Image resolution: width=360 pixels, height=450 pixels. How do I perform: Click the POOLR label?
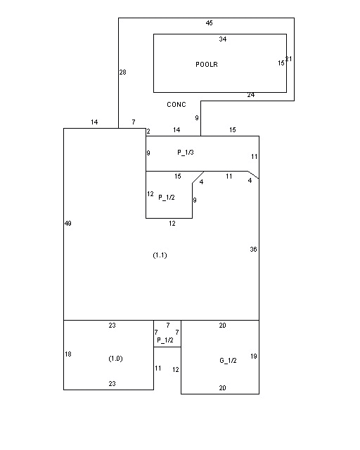point(207,64)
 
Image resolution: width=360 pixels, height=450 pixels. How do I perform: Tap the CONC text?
point(176,105)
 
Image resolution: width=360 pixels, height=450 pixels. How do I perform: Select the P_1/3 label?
point(186,153)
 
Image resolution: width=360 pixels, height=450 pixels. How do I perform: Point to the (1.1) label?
point(160,255)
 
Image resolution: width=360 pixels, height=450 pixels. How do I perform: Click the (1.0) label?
point(116,359)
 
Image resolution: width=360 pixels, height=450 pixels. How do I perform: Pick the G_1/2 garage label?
point(228,361)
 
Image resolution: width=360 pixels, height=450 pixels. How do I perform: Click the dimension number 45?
point(210,23)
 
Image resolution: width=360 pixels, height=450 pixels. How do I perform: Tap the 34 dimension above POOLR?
point(223,39)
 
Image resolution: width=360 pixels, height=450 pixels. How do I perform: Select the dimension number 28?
point(122,72)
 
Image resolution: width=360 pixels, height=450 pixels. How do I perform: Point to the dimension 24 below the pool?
point(251,95)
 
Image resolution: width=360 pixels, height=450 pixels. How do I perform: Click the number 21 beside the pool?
point(289,59)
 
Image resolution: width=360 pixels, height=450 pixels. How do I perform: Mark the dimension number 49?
point(68,224)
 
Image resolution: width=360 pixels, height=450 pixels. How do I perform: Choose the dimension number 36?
point(253,250)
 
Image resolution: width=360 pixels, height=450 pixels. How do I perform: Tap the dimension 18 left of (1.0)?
point(68,354)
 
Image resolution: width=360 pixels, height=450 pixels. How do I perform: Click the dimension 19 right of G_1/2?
point(254,356)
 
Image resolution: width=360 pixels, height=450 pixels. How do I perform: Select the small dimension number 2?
point(148,131)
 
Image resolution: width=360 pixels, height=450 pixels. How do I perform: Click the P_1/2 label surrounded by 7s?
point(165,340)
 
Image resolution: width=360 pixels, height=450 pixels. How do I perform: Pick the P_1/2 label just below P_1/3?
point(167,198)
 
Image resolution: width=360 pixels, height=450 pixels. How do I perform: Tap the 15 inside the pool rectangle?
point(281,63)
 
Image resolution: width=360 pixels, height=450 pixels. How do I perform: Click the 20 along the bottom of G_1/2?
point(222,388)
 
